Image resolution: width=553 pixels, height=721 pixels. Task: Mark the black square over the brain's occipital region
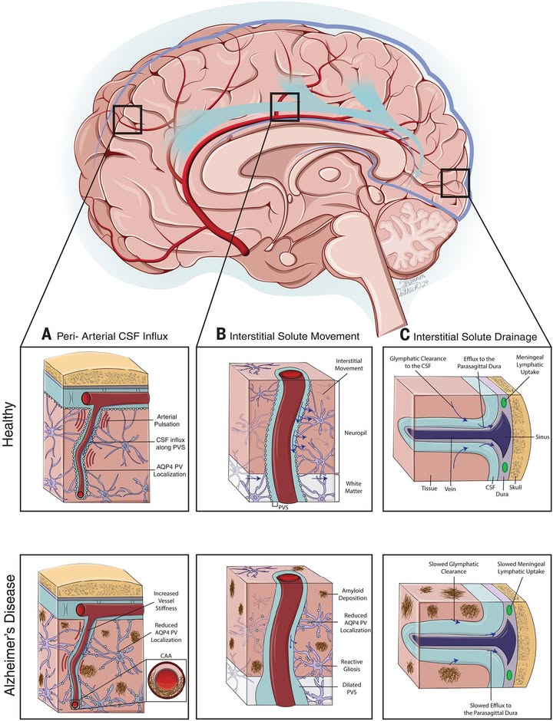pyautogui.click(x=455, y=184)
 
